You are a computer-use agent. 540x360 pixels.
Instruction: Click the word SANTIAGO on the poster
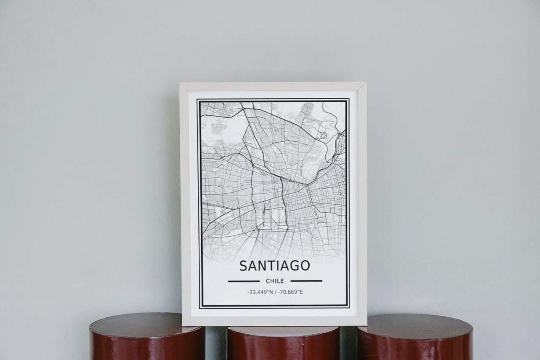(275, 265)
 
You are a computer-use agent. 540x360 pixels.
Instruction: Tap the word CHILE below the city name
(275, 281)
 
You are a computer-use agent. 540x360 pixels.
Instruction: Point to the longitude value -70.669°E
(291, 292)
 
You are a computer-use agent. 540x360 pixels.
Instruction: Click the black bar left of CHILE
(243, 281)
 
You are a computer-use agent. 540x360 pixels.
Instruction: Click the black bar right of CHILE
(306, 281)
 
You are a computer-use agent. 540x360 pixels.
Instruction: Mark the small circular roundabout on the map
(323, 135)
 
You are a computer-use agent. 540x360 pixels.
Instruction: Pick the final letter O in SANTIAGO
(305, 266)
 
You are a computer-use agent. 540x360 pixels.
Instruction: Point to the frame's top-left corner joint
(184, 87)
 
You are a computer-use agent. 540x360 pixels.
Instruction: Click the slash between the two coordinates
(275, 292)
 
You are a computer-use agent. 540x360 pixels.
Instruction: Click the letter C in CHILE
(268, 281)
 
